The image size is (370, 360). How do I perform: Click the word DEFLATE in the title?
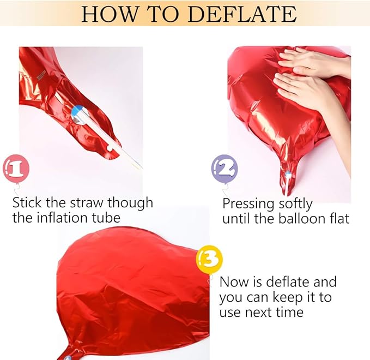pyautogui.click(x=242, y=14)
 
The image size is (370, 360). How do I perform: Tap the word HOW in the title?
pyautogui.click(x=109, y=14)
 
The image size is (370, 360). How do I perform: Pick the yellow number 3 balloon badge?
pyautogui.click(x=209, y=260)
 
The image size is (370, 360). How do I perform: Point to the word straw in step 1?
pyautogui.click(x=88, y=203)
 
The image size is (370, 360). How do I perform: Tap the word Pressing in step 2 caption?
pyautogui.click(x=248, y=203)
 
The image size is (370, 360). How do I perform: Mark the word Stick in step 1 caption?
pyautogui.click(x=27, y=203)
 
